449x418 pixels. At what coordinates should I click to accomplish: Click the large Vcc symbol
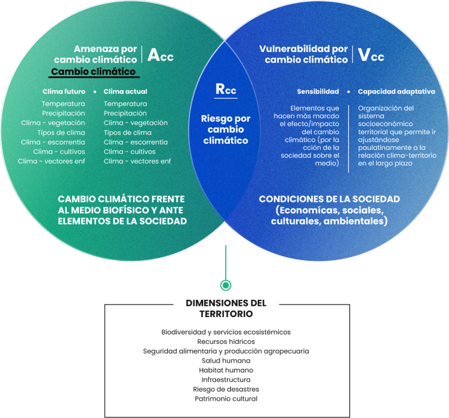(x=370, y=55)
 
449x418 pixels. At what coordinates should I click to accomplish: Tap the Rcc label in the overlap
(x=225, y=90)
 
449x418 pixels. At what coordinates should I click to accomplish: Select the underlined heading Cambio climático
(x=94, y=72)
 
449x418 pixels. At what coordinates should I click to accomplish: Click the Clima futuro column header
(x=64, y=92)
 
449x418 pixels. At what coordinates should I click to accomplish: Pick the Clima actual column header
(x=125, y=92)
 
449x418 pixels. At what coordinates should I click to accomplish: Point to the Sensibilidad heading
(x=318, y=92)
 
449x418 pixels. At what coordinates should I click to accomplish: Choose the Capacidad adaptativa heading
(x=396, y=92)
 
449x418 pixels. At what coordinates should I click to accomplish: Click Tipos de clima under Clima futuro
(x=61, y=133)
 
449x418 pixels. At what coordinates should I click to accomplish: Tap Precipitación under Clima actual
(x=125, y=113)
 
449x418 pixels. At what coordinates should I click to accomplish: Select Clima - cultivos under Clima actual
(x=130, y=152)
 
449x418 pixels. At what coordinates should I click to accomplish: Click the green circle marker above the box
(x=225, y=285)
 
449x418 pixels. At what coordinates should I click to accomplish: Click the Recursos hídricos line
(x=226, y=342)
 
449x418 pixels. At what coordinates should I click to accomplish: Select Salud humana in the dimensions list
(x=226, y=361)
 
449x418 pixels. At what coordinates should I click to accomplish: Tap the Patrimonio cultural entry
(x=226, y=398)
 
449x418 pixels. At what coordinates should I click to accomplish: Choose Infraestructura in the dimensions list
(x=226, y=379)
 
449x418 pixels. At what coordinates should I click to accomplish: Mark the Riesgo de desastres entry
(x=226, y=389)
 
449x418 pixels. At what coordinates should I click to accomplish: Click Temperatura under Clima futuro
(x=63, y=104)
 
